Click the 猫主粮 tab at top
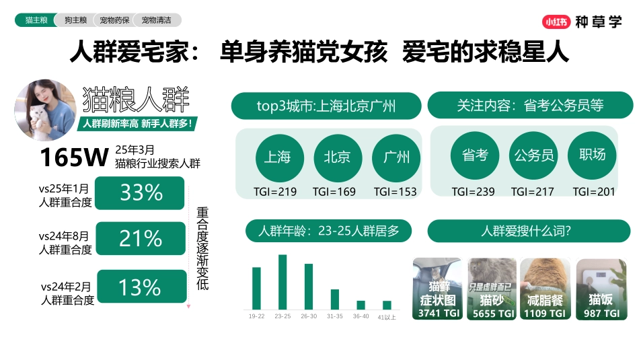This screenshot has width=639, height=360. coord(36,21)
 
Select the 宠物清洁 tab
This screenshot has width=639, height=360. coord(156,21)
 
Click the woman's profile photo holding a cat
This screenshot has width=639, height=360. coord(44,110)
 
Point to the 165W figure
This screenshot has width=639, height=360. coord(73,157)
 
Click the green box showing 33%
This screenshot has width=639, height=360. coord(141,193)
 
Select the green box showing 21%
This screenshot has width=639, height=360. coord(141,238)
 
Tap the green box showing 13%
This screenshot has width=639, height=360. coord(141,287)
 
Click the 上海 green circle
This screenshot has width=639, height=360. coord(276,157)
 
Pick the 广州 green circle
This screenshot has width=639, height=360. coord(396,157)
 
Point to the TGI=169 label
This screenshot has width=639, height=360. coord(334,192)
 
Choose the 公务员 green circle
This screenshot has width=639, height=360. coord(534,155)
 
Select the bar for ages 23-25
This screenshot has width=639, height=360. coord(283,282)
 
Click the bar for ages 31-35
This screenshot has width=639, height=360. coord(335,299)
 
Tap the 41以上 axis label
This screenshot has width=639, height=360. coord(387,316)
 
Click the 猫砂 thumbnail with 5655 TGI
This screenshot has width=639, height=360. coord(492,289)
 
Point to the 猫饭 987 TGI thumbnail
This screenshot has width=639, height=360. coord(601,289)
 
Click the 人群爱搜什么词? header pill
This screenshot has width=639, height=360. coord(529,231)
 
